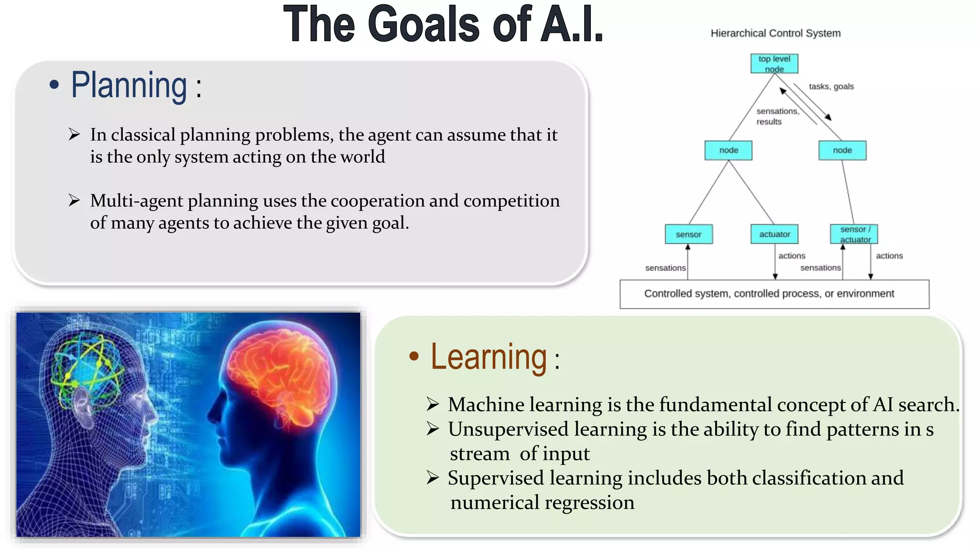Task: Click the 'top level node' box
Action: click(774, 63)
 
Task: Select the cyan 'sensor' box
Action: click(688, 234)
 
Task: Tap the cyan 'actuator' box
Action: click(774, 234)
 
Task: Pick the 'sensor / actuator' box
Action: click(854, 234)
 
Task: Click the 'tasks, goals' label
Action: click(831, 86)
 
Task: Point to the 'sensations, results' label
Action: click(777, 116)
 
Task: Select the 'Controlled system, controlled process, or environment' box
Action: click(774, 294)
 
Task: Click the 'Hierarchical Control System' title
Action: click(775, 33)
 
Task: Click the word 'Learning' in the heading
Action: click(489, 357)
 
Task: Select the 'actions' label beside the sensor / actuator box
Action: click(889, 256)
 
